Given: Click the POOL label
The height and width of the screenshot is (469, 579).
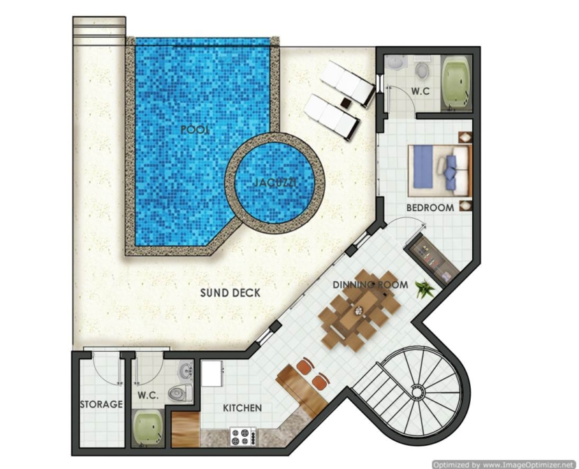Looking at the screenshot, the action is (x=195, y=130).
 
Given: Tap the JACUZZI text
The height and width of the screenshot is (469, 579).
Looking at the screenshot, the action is (x=275, y=182).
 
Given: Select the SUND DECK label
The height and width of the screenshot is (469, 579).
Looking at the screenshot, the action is (x=230, y=293).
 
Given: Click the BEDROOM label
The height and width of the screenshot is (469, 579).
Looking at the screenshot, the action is (x=430, y=208).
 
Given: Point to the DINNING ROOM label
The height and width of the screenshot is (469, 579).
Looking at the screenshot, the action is (x=371, y=285).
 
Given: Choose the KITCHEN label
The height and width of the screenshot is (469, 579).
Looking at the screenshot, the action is (x=243, y=408).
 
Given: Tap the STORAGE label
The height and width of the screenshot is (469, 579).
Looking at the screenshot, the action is (x=101, y=405).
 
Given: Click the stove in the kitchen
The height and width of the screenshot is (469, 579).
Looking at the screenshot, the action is (x=243, y=437).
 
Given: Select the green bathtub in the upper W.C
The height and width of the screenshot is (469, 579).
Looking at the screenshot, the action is (x=456, y=83).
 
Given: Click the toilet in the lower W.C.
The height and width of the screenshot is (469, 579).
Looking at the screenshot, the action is (x=180, y=393).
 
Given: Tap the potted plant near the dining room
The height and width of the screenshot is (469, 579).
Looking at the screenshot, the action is (x=424, y=287).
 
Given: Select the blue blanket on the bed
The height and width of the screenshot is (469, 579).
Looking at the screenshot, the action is (x=423, y=167).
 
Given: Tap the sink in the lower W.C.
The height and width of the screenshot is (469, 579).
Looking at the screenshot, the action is (x=186, y=370).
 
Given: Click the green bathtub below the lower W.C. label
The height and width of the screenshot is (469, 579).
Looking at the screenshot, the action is (x=148, y=428).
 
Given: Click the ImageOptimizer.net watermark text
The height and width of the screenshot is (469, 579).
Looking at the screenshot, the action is (x=504, y=465).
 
